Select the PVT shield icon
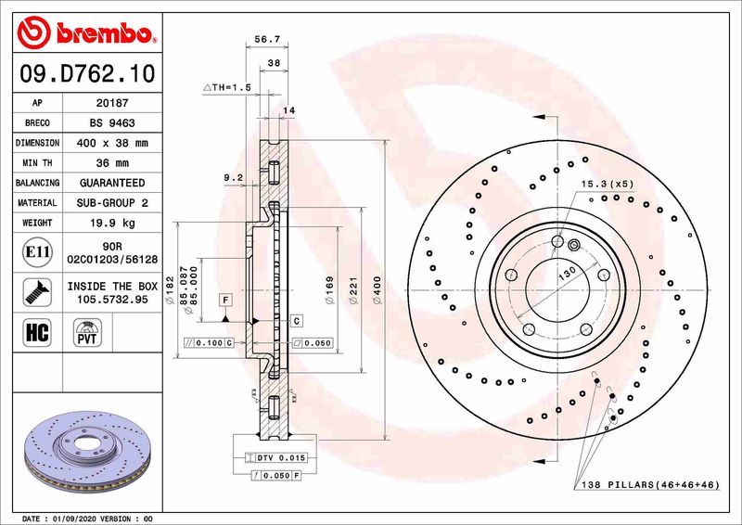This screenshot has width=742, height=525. (x=86, y=332)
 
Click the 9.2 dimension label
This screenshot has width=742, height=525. (x=232, y=176)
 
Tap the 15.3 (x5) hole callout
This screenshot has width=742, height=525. (x=608, y=184)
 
